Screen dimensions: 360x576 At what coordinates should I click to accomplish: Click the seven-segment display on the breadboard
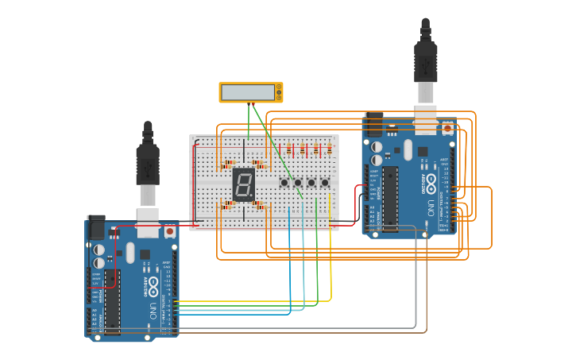pos(244,184)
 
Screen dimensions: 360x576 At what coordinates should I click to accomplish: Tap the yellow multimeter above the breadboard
pos(251,92)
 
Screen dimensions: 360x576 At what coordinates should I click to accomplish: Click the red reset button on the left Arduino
pos(169,231)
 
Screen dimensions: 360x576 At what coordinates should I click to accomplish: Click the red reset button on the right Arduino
pos(447,128)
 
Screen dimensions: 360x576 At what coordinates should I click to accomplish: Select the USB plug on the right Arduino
pos(425,68)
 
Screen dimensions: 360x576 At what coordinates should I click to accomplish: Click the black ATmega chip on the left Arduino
pos(112,302)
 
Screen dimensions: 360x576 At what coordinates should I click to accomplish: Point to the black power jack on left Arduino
pos(95,227)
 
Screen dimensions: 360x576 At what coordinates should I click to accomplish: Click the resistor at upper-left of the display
pos(229,165)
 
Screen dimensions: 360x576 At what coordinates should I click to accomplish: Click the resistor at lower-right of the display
pos(258,205)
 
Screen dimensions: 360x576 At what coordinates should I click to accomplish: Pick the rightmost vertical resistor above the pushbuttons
pos(329,149)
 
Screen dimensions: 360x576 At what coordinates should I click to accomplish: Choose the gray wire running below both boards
pos(318,327)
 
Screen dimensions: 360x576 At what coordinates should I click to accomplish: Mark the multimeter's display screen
pos(247,92)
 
